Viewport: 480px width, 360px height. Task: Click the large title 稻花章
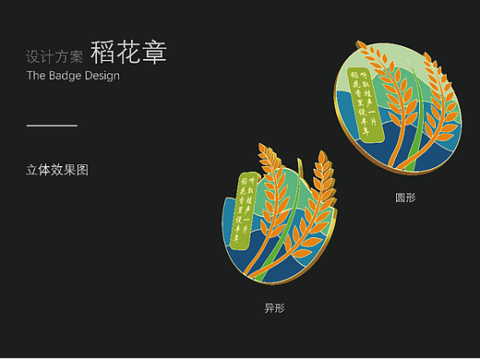(128, 53)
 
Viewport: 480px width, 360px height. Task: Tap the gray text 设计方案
(55, 56)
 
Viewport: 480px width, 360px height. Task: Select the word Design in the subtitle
(102, 76)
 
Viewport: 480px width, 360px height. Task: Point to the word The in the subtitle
(37, 76)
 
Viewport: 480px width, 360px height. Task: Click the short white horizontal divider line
(52, 125)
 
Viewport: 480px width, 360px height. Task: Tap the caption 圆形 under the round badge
(406, 198)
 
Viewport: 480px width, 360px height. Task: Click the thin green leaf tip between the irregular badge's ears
(300, 168)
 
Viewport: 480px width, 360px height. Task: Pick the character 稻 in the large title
(103, 53)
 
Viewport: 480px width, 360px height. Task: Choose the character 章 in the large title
(154, 53)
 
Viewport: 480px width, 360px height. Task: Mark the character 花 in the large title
(128, 53)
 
